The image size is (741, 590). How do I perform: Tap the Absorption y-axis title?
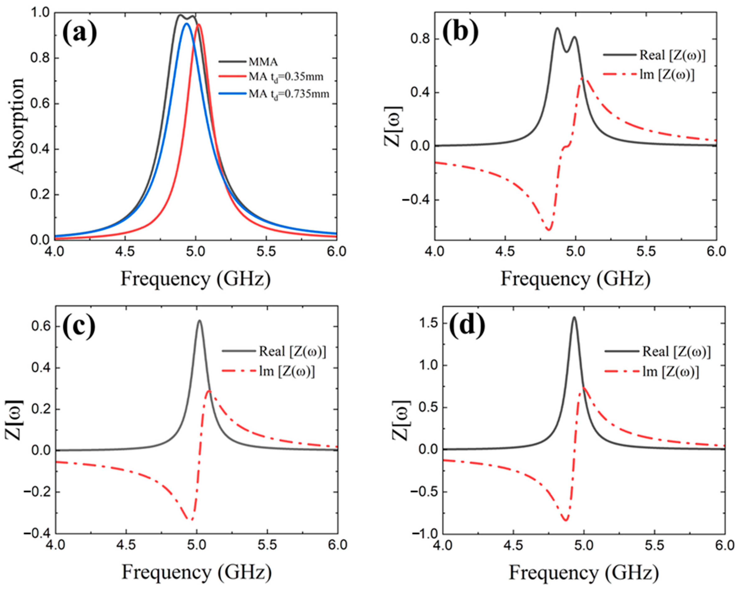tap(16, 126)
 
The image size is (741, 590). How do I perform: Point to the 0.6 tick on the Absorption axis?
tap(39, 104)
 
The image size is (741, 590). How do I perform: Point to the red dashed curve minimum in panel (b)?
tap(548, 230)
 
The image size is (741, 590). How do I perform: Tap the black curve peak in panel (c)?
tap(199, 321)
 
